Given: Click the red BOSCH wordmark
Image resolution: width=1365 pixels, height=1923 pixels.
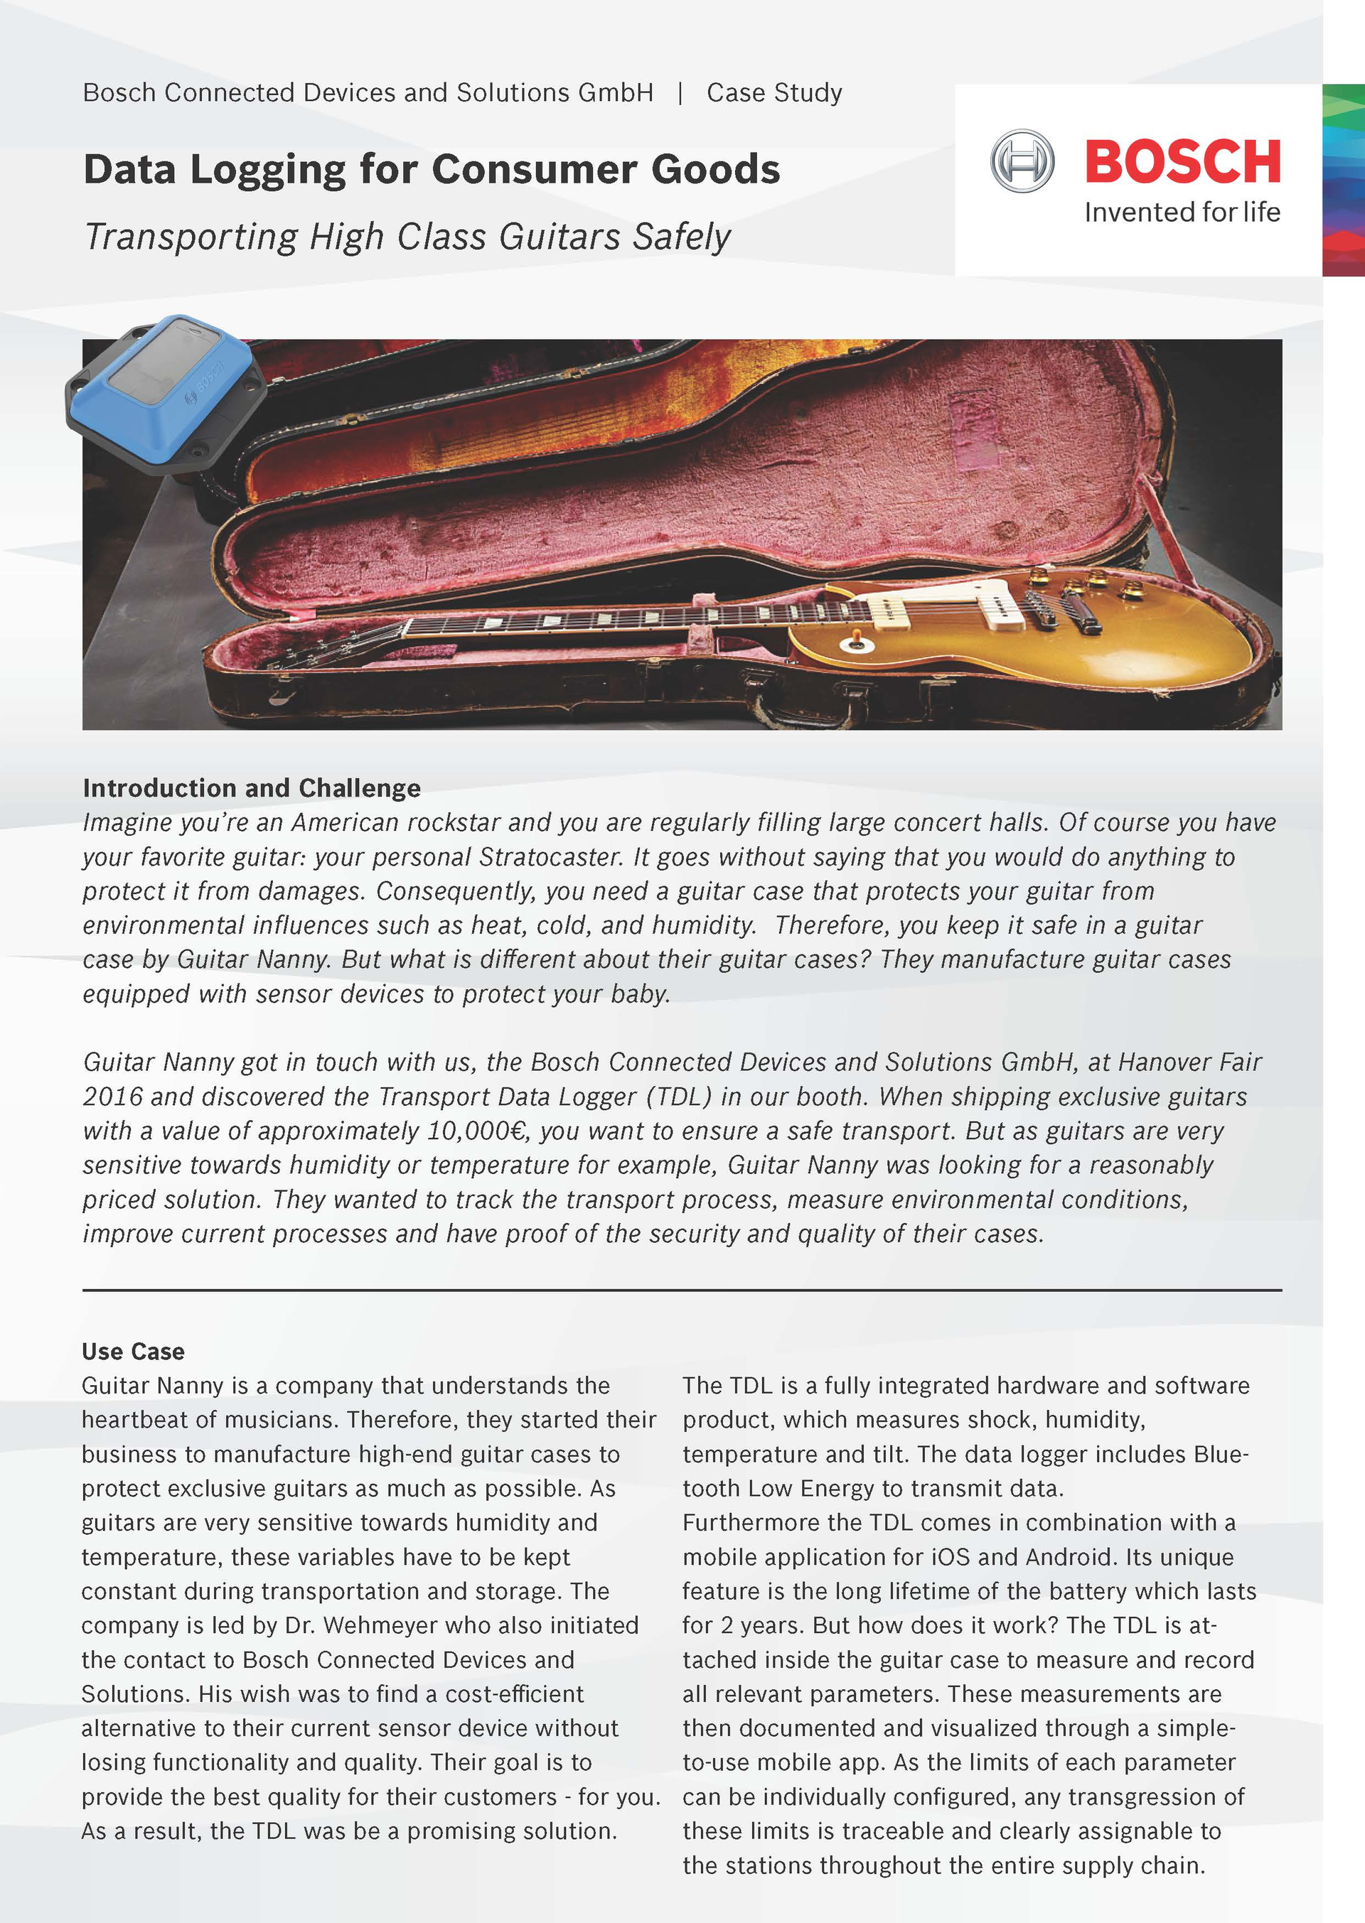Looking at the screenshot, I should pyautogui.click(x=1182, y=161).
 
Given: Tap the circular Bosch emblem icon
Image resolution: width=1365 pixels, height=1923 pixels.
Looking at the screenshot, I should pyautogui.click(x=1021, y=161).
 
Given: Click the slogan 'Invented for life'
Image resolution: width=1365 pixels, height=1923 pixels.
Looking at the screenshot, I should pyautogui.click(x=1182, y=212).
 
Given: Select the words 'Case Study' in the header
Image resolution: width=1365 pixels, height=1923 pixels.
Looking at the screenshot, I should pyautogui.click(x=774, y=92).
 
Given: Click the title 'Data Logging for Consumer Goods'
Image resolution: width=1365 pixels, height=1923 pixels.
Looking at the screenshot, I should pyautogui.click(x=432, y=169).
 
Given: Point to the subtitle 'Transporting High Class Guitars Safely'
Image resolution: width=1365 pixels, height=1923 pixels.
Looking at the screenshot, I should pyautogui.click(x=407, y=237).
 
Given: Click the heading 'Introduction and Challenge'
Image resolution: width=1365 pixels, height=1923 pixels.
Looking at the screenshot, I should pyautogui.click(x=251, y=788).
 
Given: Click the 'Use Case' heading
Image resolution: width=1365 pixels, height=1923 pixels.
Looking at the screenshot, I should pyautogui.click(x=133, y=1351).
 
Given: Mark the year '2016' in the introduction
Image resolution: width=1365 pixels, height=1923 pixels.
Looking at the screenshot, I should pyautogui.click(x=112, y=1097).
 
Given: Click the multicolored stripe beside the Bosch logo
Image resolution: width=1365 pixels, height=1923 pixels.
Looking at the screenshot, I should pyautogui.click(x=1343, y=180).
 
